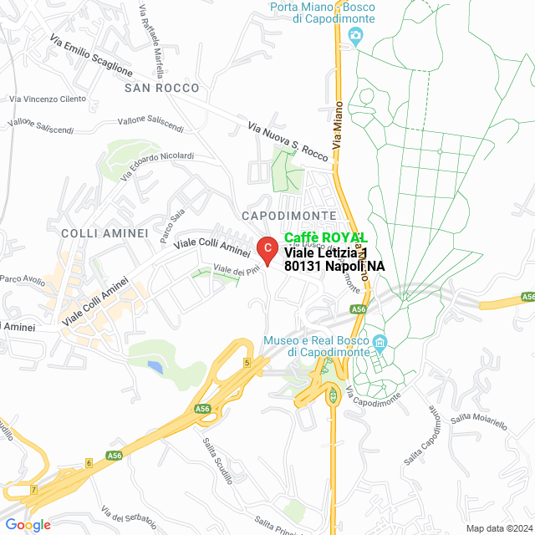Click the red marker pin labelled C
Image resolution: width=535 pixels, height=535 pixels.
pyautogui.click(x=267, y=248)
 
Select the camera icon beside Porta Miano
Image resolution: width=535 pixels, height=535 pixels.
pyautogui.click(x=356, y=34)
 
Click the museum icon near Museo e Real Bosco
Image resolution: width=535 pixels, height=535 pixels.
pyautogui.click(x=380, y=343)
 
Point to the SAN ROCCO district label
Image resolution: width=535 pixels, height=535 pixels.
pyautogui.click(x=162, y=88)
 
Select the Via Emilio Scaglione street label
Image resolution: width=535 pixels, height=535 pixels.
pyautogui.click(x=91, y=55)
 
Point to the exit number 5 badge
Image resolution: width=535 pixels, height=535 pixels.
pyautogui.click(x=247, y=362)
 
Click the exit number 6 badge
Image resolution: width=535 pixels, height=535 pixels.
pyautogui.click(x=89, y=462)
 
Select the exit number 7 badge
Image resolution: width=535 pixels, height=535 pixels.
pyautogui.click(x=33, y=488)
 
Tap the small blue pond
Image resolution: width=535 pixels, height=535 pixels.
pyautogui.click(x=155, y=366)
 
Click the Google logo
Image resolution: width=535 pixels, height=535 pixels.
pyautogui.click(x=27, y=524)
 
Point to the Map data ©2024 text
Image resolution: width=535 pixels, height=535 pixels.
pyautogui.click(x=499, y=528)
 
